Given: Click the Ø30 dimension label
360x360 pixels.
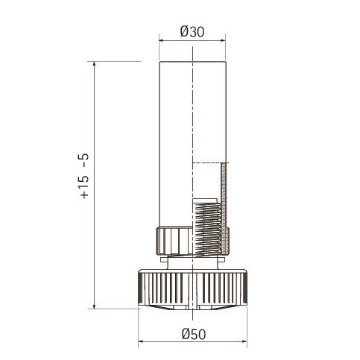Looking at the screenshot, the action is (192, 32).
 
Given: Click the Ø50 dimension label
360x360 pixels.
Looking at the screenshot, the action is (194, 334).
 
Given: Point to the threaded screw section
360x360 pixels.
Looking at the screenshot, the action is (208, 230).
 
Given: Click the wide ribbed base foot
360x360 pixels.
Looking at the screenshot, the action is (193, 289).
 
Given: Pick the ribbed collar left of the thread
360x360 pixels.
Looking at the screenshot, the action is (174, 241).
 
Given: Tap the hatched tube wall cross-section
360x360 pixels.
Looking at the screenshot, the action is (224, 209).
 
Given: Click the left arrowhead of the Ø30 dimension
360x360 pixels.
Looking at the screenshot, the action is (162, 41).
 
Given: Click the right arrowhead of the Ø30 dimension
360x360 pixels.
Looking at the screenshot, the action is (223, 41).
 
